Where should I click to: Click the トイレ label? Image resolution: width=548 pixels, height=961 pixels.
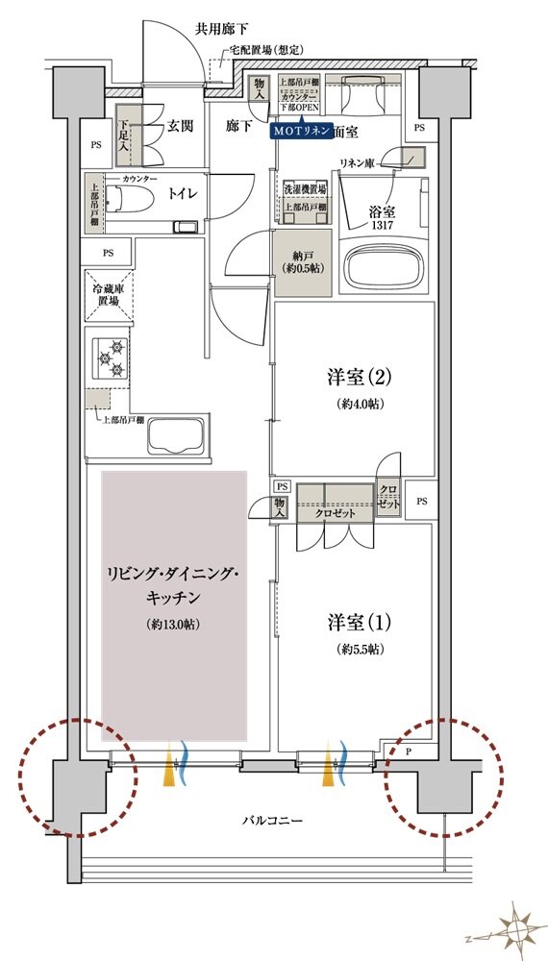click(184, 193)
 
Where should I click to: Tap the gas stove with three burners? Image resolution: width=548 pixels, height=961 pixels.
click(109, 358)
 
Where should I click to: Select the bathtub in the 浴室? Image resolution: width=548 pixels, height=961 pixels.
click(384, 265)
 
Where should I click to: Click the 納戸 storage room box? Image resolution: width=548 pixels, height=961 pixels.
click(303, 260)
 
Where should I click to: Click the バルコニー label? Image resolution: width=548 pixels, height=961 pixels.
click(272, 822)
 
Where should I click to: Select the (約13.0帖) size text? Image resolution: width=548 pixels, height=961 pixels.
click(173, 625)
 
